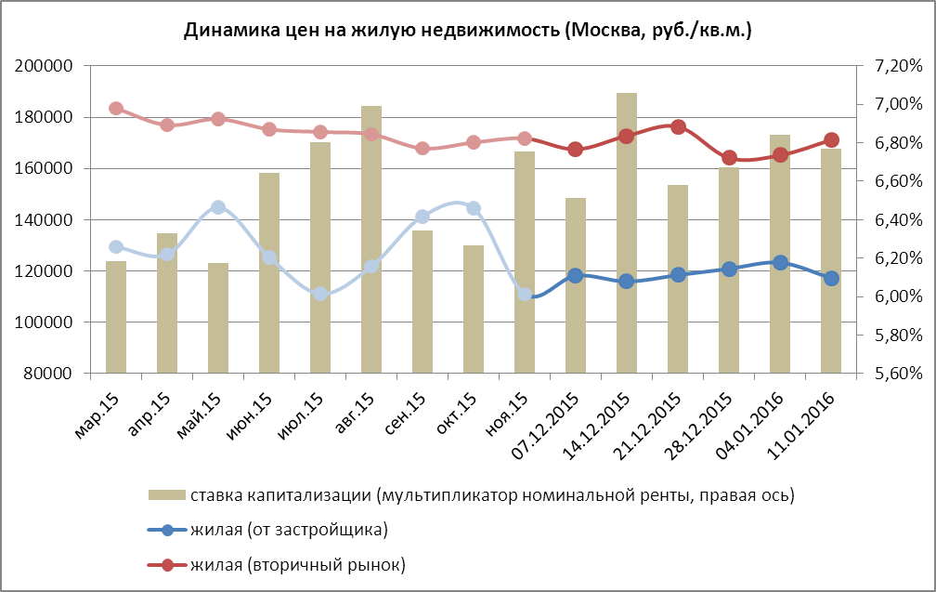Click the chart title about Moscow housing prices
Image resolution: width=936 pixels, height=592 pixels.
[x=467, y=31]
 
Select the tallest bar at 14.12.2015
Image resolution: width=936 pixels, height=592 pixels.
[x=627, y=232]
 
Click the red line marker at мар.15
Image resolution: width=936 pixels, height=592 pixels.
[x=116, y=109]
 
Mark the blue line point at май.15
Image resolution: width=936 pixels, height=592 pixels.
[x=218, y=207]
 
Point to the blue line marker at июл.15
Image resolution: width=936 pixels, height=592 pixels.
[x=320, y=294]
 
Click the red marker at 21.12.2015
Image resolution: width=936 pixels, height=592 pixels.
[x=678, y=127]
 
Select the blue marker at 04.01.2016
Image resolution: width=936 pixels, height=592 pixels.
[x=780, y=263]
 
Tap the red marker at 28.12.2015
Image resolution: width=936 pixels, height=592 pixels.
[x=729, y=158]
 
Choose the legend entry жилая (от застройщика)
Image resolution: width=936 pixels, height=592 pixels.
[x=289, y=530]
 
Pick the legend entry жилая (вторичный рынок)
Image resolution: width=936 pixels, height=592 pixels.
[x=297, y=564]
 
